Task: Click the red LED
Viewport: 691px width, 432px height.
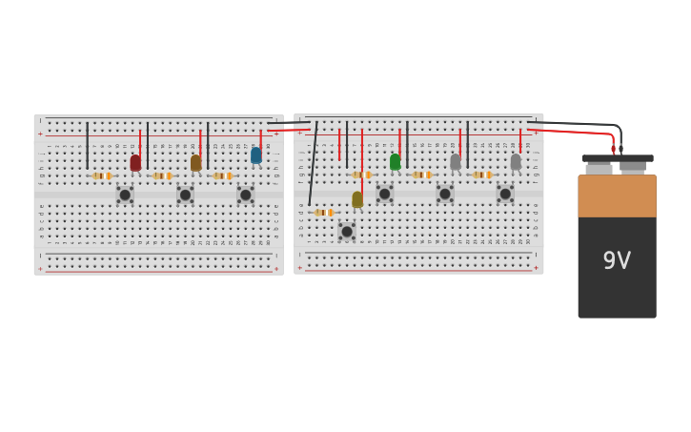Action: [x=135, y=163]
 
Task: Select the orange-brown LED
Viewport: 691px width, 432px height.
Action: [x=195, y=163]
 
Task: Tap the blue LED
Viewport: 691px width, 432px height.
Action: [x=255, y=155]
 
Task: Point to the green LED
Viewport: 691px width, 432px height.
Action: [x=395, y=162]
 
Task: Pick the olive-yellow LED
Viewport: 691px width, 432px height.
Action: [x=357, y=199]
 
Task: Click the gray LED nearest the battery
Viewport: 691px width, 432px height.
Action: [x=516, y=162]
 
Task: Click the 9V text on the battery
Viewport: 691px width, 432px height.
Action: [x=617, y=260]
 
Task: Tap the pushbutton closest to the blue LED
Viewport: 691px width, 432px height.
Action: [x=246, y=195]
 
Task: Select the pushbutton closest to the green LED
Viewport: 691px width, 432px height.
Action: [x=385, y=194]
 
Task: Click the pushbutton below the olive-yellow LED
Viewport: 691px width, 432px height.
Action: [x=347, y=231]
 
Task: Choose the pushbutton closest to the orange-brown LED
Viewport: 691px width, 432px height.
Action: [x=186, y=195]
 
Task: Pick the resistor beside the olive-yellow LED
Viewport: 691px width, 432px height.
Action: [x=324, y=213]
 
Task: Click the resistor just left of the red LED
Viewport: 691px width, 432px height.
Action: [x=102, y=175]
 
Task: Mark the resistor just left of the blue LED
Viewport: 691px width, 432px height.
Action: [x=222, y=175]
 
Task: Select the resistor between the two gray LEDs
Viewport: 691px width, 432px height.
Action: [x=482, y=175]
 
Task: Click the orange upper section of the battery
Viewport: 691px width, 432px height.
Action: [x=617, y=195]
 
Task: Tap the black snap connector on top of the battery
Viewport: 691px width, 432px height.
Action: [x=618, y=158]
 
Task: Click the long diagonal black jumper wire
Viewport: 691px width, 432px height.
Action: [x=313, y=164]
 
